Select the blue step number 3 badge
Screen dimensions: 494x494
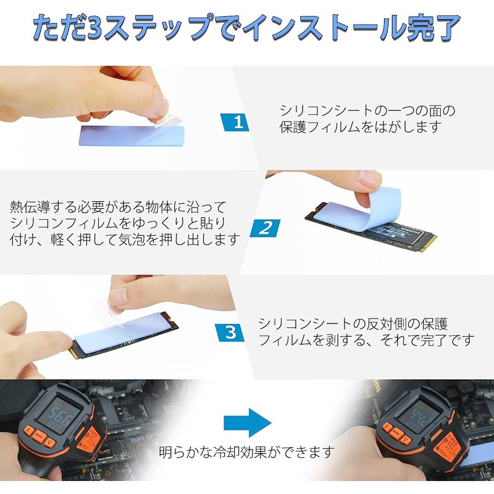click(x=230, y=332)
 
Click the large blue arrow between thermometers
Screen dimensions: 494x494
click(x=247, y=422)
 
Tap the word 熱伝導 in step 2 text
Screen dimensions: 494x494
click(x=31, y=206)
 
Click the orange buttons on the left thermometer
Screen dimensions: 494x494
click(x=40, y=436)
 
